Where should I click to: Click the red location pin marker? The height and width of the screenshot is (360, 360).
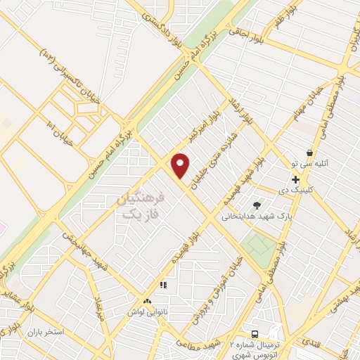coord(181,165)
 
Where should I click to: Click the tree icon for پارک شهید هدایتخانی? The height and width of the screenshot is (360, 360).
coord(257,205)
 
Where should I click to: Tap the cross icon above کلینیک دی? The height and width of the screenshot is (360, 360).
coord(295,180)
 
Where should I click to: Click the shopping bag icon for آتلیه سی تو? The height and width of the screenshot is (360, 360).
coord(309,153)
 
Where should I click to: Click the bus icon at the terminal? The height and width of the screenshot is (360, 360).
coord(255,334)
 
